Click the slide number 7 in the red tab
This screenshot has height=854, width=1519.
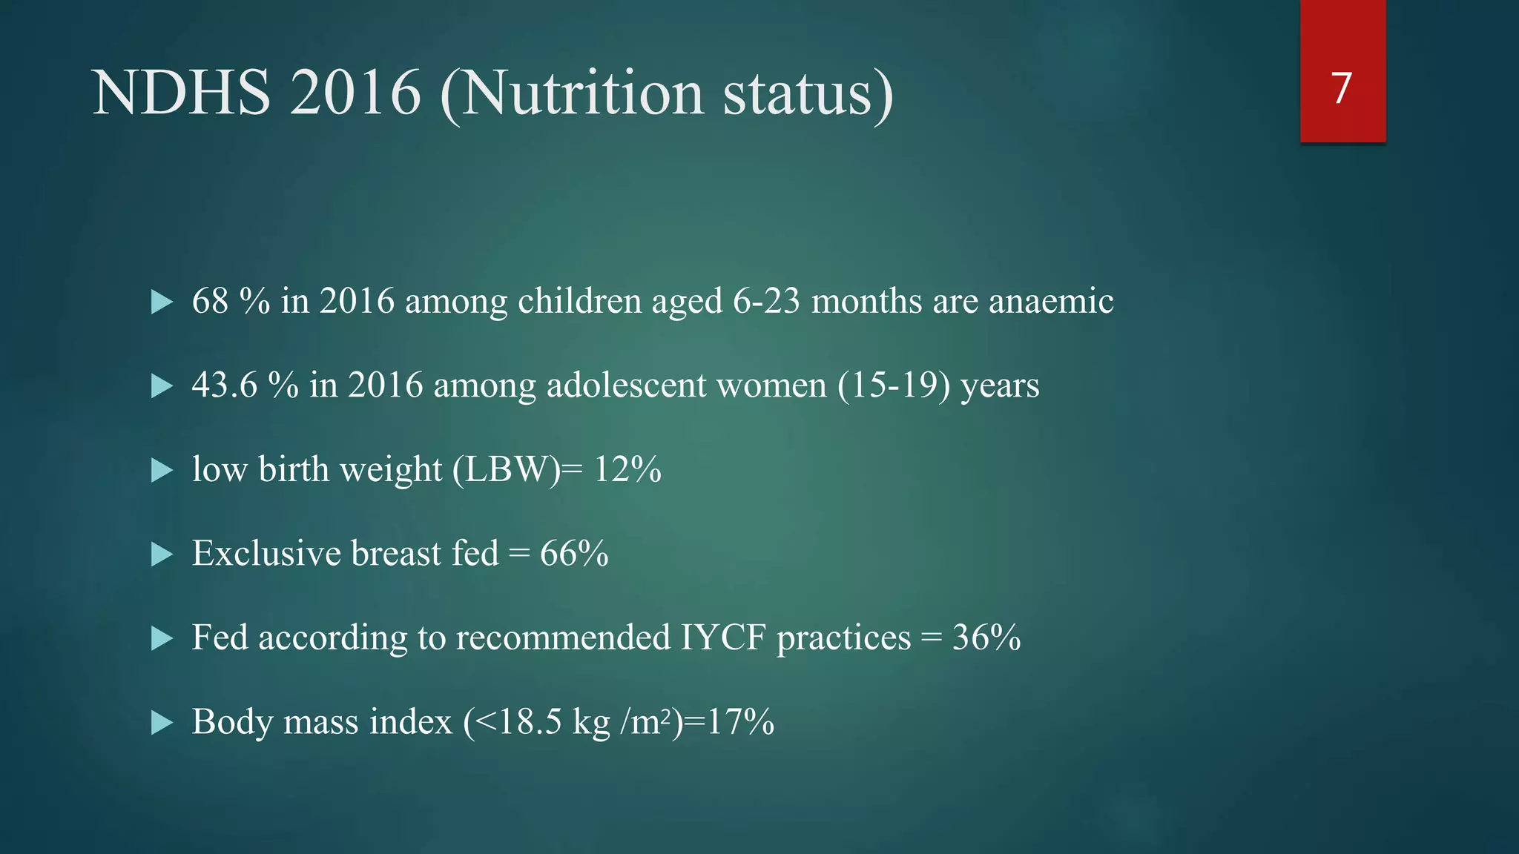1341,89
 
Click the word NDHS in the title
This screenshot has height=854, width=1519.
182,93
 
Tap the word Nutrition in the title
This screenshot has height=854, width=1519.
582,93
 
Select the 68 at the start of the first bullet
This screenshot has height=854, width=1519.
210,302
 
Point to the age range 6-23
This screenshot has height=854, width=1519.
766,302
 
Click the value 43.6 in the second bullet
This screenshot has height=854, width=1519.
224,385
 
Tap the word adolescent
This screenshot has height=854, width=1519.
626,385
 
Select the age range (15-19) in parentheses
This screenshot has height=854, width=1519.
894,385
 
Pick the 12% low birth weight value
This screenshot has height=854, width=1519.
627,470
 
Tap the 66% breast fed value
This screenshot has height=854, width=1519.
574,554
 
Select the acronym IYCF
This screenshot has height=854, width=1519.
722,638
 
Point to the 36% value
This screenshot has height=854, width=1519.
986,638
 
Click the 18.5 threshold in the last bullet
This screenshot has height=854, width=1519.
530,722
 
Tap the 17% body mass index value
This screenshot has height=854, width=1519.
740,722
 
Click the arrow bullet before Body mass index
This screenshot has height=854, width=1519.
162,722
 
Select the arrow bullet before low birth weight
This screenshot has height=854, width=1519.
162,470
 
